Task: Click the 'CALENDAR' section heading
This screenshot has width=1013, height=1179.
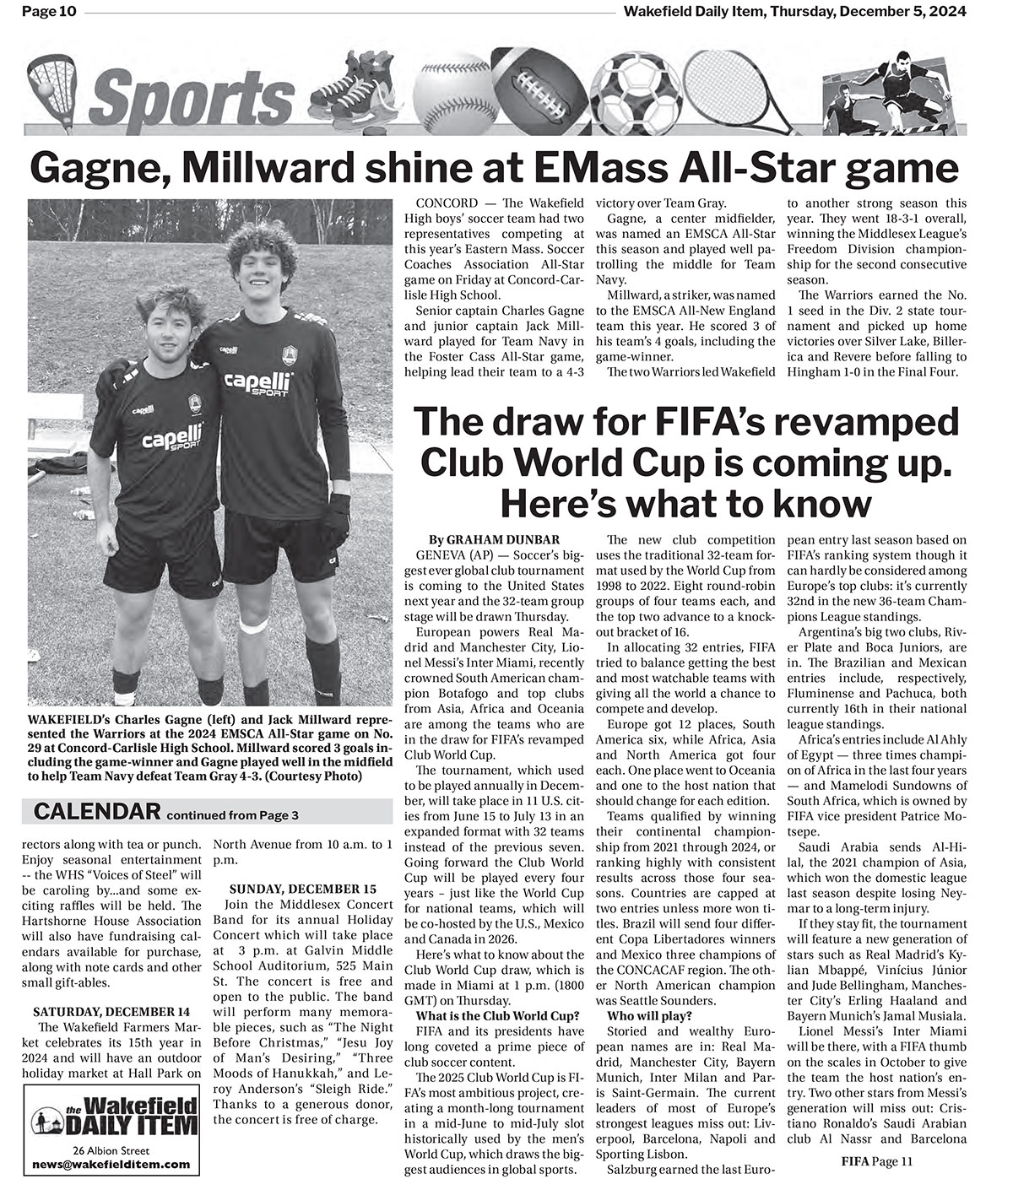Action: click(x=97, y=812)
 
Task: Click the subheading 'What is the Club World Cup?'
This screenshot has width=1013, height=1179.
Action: click(x=498, y=1014)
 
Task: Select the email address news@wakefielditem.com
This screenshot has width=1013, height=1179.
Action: click(x=111, y=1164)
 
